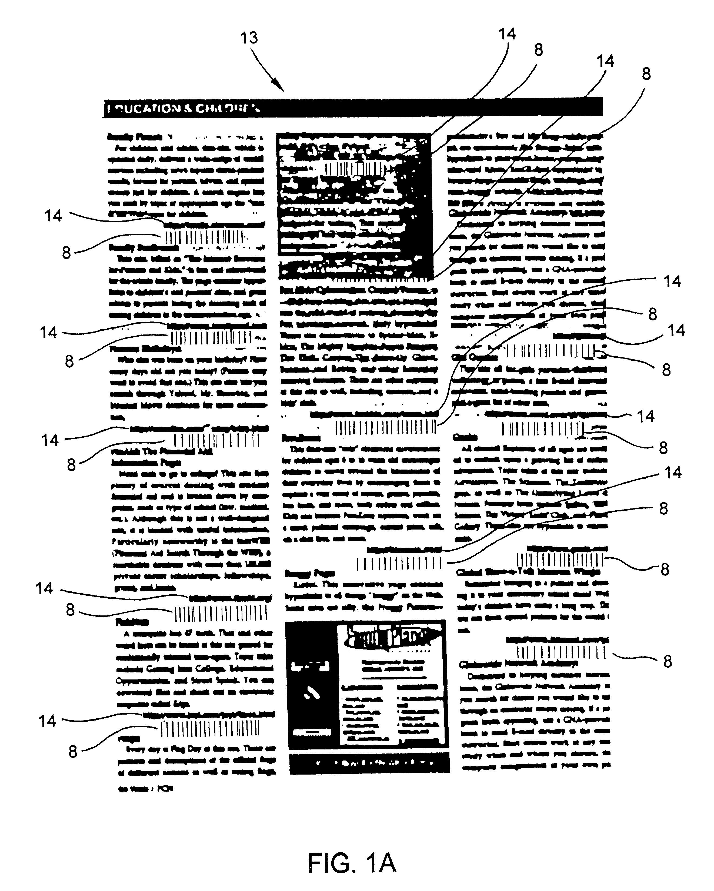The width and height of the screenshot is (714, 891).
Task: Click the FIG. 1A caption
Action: coord(352,863)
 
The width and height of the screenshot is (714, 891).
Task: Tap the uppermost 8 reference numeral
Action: coord(538,50)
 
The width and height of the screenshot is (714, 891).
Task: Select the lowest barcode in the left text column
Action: coord(210,729)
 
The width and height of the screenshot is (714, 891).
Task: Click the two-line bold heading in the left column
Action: coord(161,457)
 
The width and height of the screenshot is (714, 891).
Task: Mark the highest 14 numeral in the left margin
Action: coord(53,216)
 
